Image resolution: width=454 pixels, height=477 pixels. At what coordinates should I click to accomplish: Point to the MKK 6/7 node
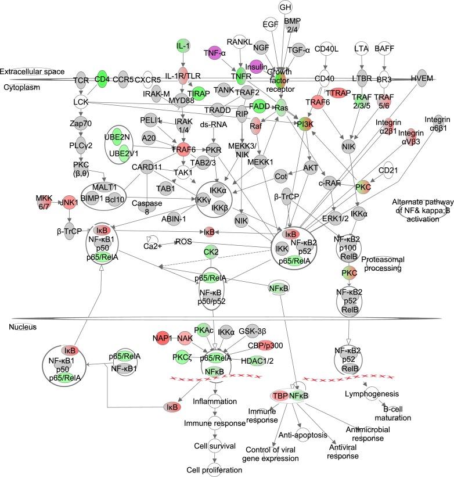click(x=44, y=202)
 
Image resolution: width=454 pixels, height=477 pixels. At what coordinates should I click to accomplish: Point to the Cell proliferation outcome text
click(x=213, y=469)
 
